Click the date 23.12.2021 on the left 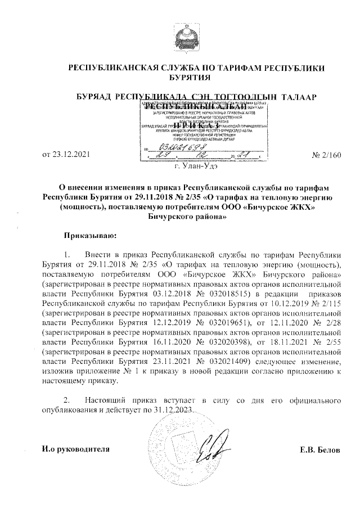click(65, 154)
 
